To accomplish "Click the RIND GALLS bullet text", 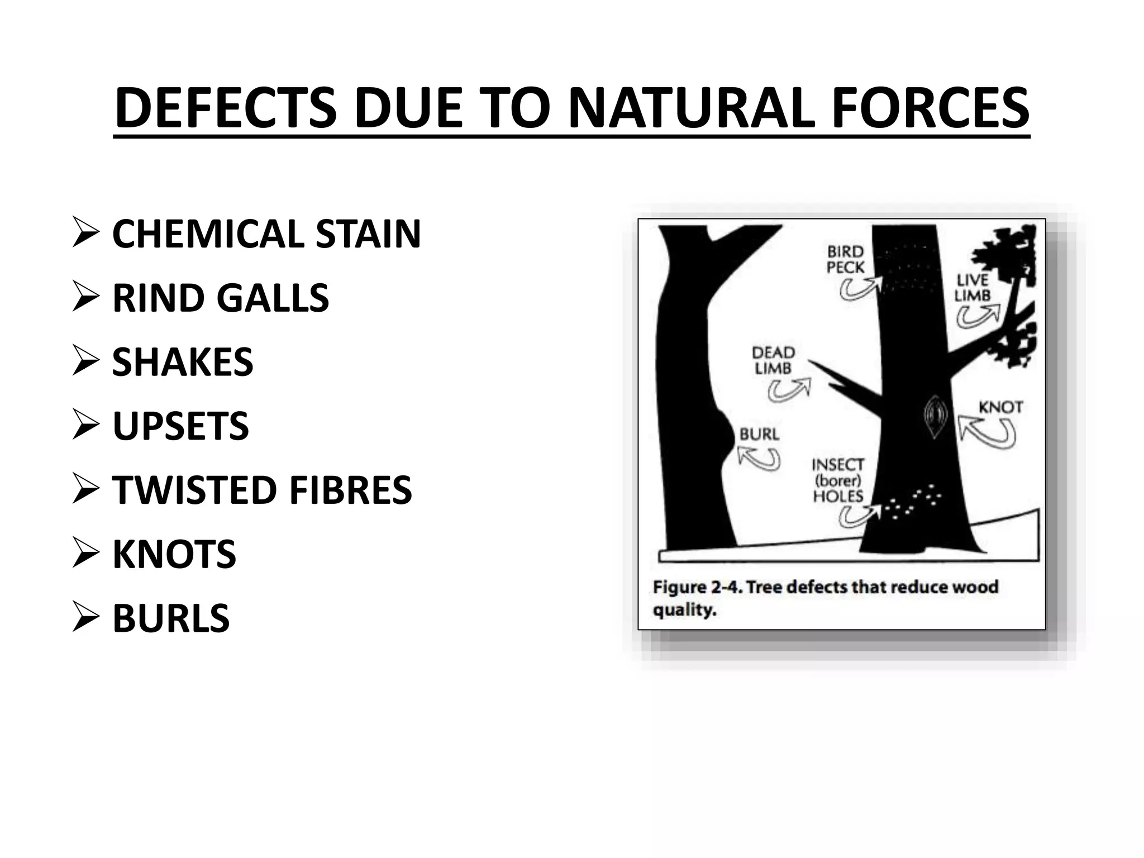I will pos(221,298).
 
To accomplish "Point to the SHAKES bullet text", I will pos(183,362).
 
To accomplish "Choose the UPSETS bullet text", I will pos(180,426).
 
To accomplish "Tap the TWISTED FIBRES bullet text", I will pos(262,490).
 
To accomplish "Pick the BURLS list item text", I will pos(171,618).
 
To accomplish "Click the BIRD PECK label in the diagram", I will pos(845,260).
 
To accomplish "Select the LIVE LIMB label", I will pos(973,288).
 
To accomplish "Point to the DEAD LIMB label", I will pos(774,360).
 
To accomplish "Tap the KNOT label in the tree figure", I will pos(1000,407).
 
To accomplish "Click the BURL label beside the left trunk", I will pos(759,435).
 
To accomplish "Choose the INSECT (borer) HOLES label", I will pos(838,480).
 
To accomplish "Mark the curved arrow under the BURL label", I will pos(759,459).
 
